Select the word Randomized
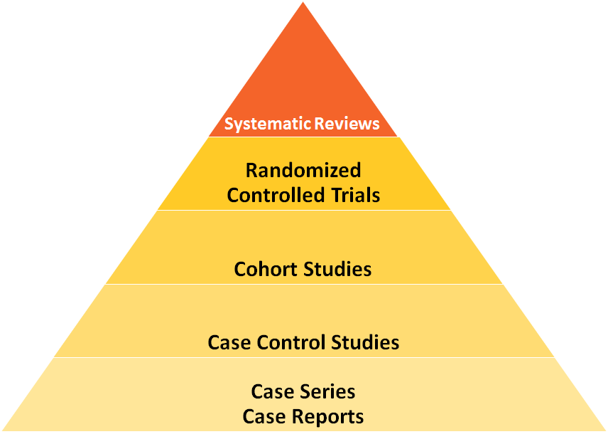click(x=303, y=171)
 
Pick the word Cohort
click(x=265, y=269)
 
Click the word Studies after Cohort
click(x=337, y=269)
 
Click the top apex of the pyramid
click(x=303, y=4)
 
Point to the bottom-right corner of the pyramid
click(x=604, y=430)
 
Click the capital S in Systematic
click(x=229, y=124)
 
